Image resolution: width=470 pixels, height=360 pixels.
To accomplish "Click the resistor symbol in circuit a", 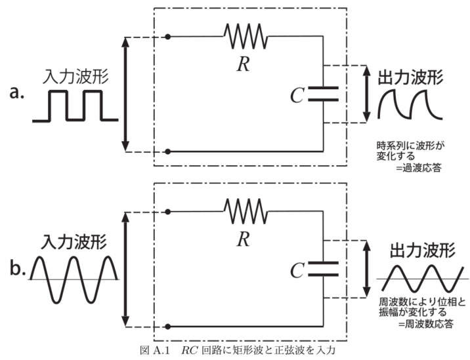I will pyautogui.click(x=246, y=36).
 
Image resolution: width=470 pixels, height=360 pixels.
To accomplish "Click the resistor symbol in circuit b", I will pyautogui.click(x=246, y=212).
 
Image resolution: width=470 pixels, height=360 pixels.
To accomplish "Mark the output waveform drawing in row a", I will pyautogui.click(x=411, y=105).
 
